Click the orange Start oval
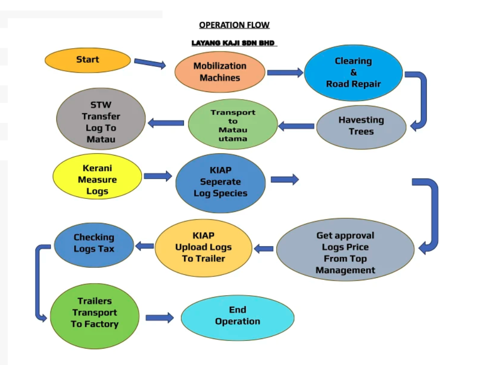[88, 61]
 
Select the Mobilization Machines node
[220, 72]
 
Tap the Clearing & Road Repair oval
[353, 73]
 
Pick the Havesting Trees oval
[361, 127]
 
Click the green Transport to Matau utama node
[233, 124]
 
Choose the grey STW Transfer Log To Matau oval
[101, 122]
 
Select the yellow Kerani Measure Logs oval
[97, 180]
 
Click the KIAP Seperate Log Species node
[220, 182]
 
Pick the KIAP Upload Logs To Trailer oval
[203, 248]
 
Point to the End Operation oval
[237, 316]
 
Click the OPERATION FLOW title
[234, 25]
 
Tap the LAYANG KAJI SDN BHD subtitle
[233, 43]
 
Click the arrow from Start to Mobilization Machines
[150, 63]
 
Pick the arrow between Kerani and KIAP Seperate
[157, 176]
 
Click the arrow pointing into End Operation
[159, 318]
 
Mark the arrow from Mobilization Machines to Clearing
[285, 73]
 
